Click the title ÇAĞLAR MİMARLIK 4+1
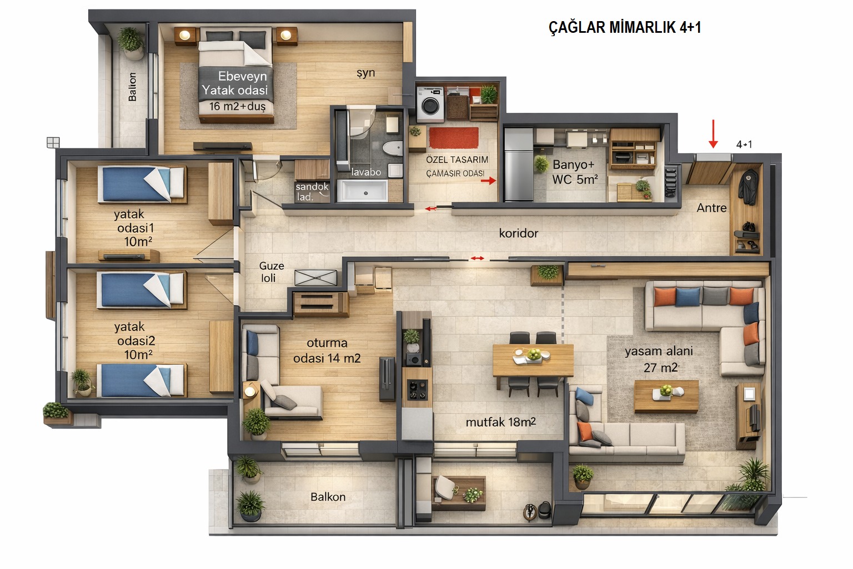(625, 27)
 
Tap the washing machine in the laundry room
(430, 104)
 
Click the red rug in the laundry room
(454, 138)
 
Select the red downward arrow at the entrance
(713, 134)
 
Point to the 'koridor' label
(519, 233)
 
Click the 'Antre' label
(711, 208)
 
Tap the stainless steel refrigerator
(518, 164)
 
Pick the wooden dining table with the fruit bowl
(533, 360)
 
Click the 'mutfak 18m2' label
(501, 422)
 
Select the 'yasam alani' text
(659, 351)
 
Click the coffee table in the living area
(666, 396)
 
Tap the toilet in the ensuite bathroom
(393, 148)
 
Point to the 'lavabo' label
(366, 172)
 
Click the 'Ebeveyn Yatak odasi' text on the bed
(235, 83)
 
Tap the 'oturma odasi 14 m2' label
(327, 351)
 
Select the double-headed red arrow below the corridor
(477, 258)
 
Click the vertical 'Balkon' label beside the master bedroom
(132, 87)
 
